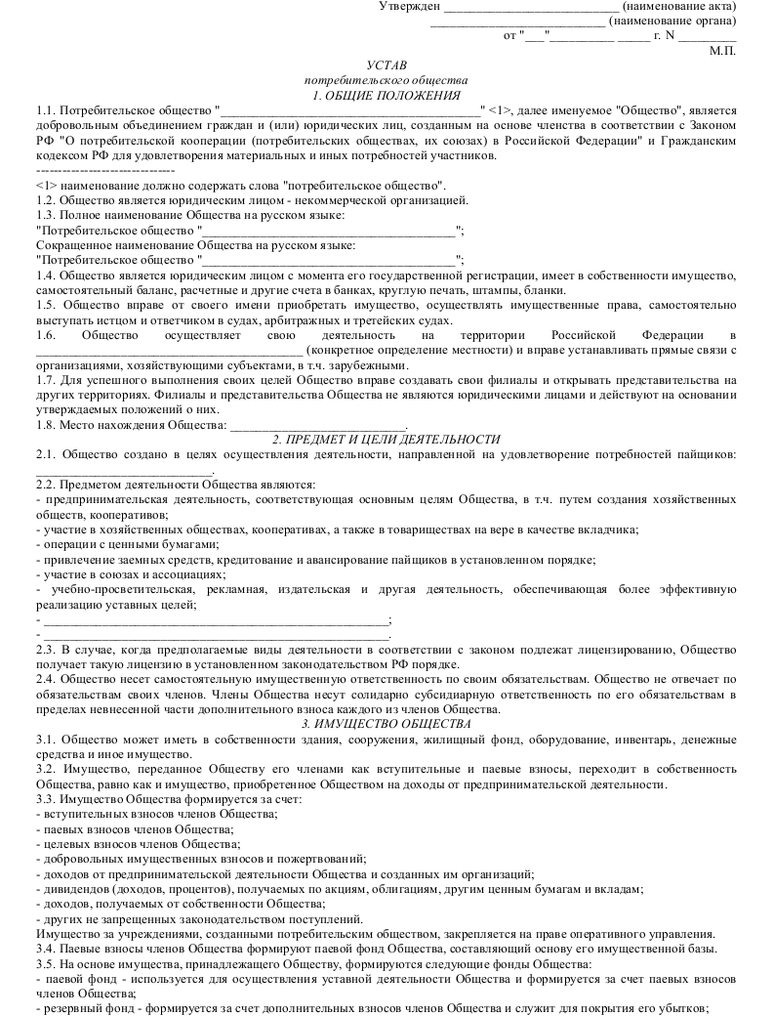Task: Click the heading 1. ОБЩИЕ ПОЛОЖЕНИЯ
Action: (386, 95)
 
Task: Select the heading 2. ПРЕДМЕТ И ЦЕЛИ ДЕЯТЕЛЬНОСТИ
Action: (386, 440)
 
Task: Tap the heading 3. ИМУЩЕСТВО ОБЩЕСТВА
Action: (386, 723)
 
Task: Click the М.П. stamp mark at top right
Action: (722, 50)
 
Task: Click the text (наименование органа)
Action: (672, 21)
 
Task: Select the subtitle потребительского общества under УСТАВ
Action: (386, 79)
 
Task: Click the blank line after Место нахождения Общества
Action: (318, 426)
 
